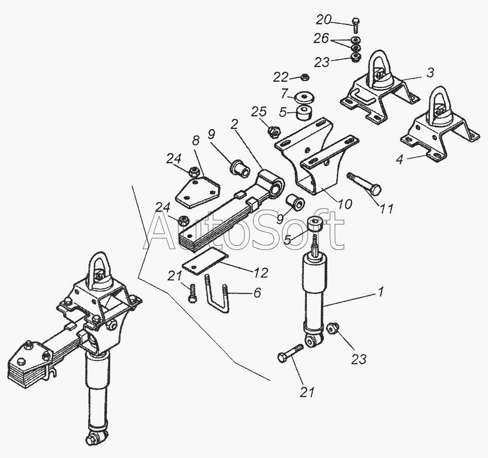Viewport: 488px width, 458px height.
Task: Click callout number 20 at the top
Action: (x=324, y=20)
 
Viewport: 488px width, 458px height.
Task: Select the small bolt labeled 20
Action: (x=356, y=26)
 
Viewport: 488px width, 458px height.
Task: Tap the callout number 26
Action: (x=321, y=39)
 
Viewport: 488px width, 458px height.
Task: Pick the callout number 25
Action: (x=260, y=112)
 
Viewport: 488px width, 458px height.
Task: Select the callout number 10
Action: (x=345, y=204)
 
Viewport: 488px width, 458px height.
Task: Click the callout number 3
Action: (x=430, y=73)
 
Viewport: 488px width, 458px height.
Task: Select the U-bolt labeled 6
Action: (x=217, y=294)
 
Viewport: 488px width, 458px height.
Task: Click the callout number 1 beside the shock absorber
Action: (x=381, y=292)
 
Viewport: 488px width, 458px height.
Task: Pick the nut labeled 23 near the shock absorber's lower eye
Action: (x=333, y=328)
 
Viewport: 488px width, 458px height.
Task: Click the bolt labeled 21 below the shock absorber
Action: (x=290, y=353)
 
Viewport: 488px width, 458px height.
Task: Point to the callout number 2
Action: (x=234, y=124)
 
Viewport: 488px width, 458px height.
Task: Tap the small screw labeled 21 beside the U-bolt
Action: (x=192, y=292)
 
